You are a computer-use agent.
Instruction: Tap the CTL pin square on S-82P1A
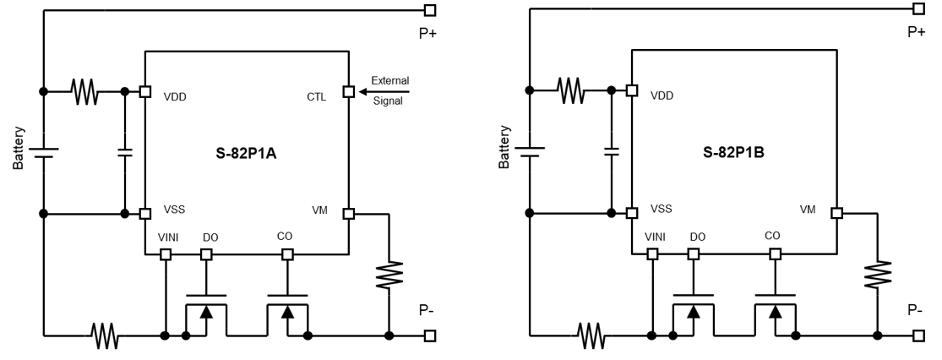pyautogui.click(x=347, y=90)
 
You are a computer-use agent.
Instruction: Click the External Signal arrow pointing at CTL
pyautogui.click(x=384, y=90)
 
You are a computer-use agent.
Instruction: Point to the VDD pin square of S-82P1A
pyautogui.click(x=144, y=91)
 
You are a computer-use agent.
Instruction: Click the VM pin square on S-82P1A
pyautogui.click(x=347, y=213)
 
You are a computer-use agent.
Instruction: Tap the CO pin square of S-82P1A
pyautogui.click(x=287, y=254)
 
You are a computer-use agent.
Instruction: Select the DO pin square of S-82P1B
pyautogui.click(x=694, y=254)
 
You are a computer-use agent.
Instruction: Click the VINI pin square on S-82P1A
pyautogui.click(x=166, y=254)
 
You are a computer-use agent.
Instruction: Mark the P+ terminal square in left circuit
pyautogui.click(x=430, y=10)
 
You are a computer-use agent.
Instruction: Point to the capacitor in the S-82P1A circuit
pyautogui.click(x=125, y=152)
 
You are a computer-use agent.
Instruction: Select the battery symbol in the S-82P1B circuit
pyautogui.click(x=529, y=151)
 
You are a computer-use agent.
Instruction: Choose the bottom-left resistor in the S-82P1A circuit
pyautogui.click(x=105, y=335)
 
